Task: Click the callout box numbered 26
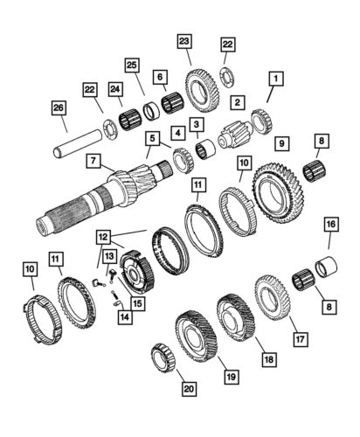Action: tap(58, 108)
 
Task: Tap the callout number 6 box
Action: tap(160, 78)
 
